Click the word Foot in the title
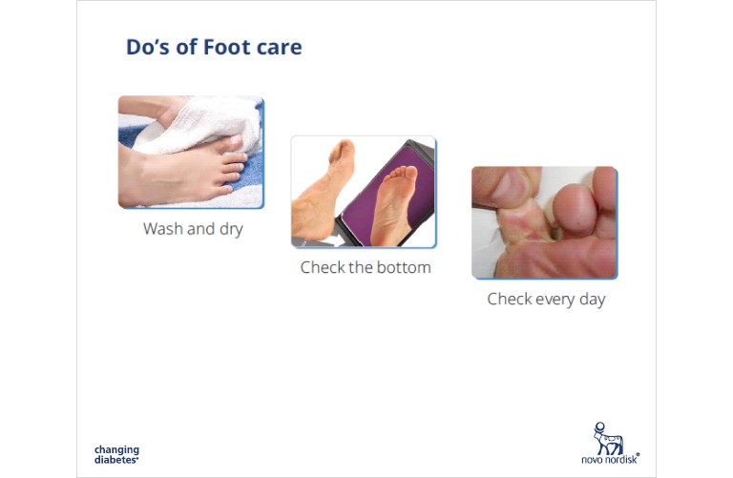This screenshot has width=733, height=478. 227,47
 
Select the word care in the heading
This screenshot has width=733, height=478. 280,47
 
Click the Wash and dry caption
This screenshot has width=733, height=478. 193,229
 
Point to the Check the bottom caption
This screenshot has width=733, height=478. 366,267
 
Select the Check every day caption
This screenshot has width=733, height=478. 546,299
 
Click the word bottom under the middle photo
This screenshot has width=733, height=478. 404,267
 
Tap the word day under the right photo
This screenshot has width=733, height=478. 593,299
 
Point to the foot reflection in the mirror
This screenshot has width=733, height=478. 395,203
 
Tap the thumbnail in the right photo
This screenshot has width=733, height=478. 511,187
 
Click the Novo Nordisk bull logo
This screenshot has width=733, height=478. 607,438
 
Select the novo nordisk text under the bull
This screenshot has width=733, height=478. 611,459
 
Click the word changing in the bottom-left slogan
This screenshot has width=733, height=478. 116,450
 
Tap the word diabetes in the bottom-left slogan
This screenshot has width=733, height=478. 115,460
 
